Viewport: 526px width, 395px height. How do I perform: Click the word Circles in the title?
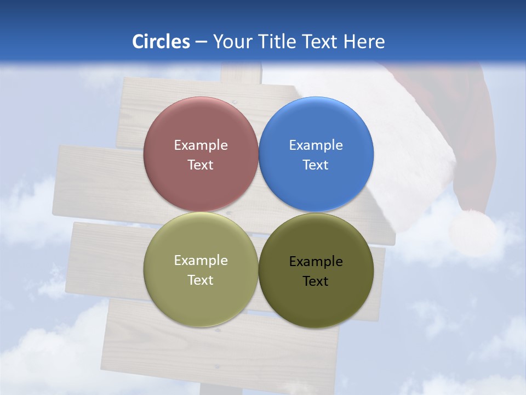pos(161,42)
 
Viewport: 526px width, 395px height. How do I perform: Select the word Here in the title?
pos(364,42)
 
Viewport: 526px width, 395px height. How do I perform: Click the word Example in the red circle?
pos(201,145)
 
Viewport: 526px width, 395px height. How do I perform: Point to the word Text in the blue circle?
pos(316,165)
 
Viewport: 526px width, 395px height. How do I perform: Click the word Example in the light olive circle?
pos(201,261)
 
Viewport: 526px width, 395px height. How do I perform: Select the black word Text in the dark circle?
pos(316,281)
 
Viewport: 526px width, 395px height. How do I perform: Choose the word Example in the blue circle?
pos(316,145)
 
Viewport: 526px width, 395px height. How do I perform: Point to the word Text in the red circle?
pos(201,165)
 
